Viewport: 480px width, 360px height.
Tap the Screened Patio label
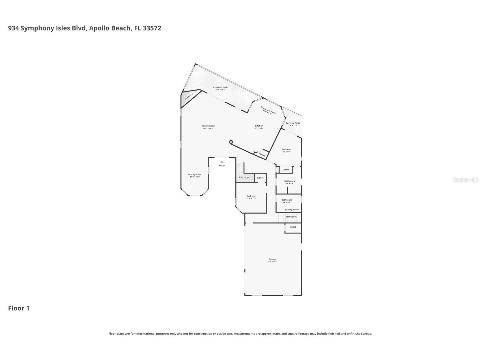[x=220, y=87]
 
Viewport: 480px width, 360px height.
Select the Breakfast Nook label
[x=268, y=110]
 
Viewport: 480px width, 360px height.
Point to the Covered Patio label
[x=293, y=123]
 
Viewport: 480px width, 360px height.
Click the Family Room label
[x=208, y=126]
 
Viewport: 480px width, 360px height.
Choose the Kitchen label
[x=259, y=126]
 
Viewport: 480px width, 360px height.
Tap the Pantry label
[x=262, y=155]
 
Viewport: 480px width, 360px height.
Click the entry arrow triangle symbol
[x=222, y=162]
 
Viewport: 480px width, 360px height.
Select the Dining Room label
[x=195, y=174]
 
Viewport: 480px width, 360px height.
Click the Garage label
[x=272, y=259]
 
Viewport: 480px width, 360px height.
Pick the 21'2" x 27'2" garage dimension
[x=272, y=262]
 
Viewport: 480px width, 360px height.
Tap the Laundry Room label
[x=291, y=210]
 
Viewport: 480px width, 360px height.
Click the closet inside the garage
[x=293, y=227]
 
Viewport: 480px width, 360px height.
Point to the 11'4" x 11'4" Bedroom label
[x=251, y=196]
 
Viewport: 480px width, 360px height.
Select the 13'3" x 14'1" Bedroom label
[x=286, y=149]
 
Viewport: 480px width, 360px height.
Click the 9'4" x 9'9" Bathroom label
[x=289, y=181]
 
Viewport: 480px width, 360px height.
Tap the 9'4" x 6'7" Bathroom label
[x=287, y=200]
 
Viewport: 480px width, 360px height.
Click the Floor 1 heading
[x=19, y=308]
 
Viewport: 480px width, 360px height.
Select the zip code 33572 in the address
[x=152, y=28]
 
